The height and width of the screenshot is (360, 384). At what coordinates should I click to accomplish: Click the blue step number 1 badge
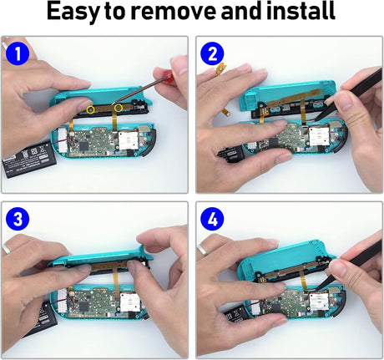pos(18,53)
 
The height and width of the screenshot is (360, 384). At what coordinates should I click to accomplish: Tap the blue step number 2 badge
pos(212,53)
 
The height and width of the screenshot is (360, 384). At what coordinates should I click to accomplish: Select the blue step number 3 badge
pos(18,219)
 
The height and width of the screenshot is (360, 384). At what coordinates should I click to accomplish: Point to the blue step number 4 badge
pos(212,219)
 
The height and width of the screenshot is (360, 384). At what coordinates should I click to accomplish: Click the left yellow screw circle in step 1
pos(90,110)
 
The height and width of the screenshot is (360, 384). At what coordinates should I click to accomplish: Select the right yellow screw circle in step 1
pos(119,108)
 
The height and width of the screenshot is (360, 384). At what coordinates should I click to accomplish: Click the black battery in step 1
pos(29,160)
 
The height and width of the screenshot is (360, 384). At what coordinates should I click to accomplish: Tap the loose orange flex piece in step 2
pos(221,68)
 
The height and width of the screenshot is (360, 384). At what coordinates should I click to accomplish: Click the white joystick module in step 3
pos(129,305)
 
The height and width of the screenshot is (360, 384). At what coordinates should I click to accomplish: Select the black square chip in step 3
pos(83,307)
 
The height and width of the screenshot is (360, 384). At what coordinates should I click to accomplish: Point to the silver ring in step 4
pos(204,250)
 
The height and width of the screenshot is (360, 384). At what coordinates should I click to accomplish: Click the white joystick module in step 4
pos(319,302)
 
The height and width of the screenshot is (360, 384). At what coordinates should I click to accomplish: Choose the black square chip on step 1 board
pos(83,146)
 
